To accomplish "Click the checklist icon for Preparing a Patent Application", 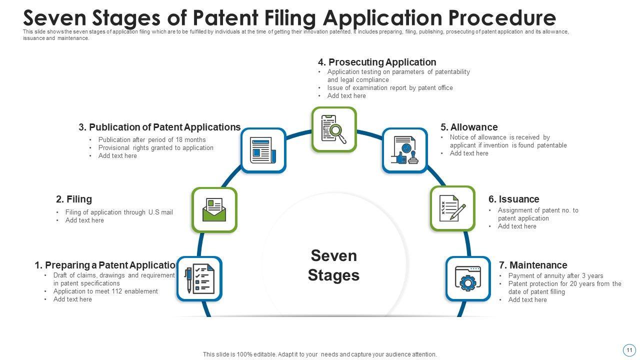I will [199, 279].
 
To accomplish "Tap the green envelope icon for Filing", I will [214, 210].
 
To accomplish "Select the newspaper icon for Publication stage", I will [263, 150].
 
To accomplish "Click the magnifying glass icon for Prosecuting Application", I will [334, 129].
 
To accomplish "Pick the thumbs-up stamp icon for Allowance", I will [405, 150].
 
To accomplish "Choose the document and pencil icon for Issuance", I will [452, 208].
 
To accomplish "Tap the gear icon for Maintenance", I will [468, 278].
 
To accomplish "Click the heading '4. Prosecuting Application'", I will [377, 62].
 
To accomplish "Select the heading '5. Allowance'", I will [469, 127].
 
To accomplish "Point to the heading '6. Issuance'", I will [513, 199].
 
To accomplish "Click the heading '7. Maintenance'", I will [533, 265].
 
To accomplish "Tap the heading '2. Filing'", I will [74, 199].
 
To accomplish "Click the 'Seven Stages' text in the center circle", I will [333, 265].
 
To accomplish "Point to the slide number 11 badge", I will [629, 349].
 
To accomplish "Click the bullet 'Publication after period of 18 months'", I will [152, 140].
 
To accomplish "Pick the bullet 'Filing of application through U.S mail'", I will [119, 212].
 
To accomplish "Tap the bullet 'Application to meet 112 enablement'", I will [105, 291].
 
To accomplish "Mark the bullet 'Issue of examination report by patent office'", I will [390, 88].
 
